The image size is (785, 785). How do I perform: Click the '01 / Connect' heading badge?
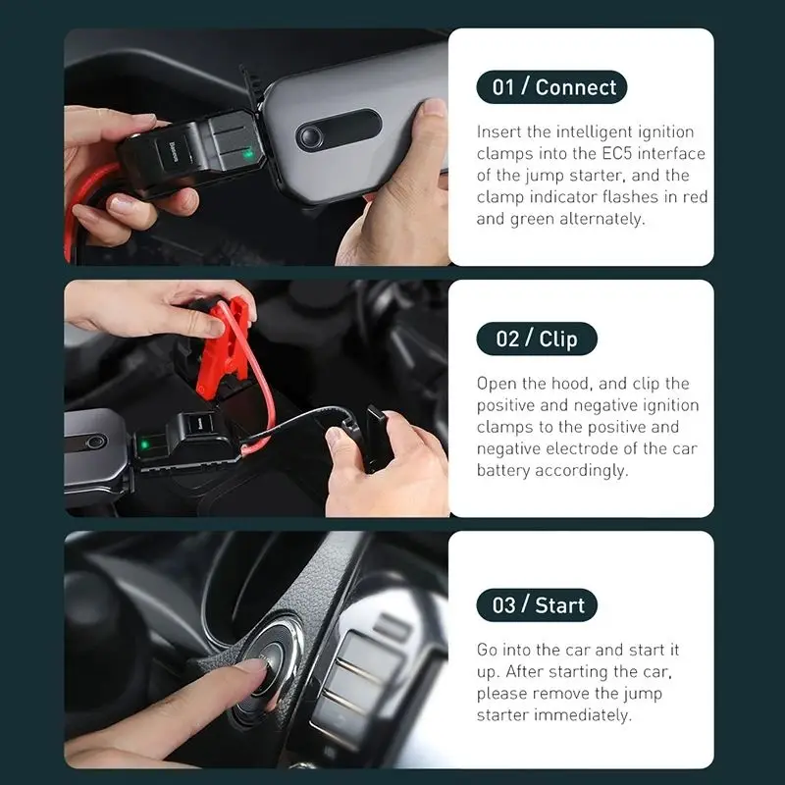click(x=551, y=86)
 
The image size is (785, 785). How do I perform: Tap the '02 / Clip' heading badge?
click(x=536, y=339)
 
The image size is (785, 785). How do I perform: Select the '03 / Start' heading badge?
click(x=537, y=604)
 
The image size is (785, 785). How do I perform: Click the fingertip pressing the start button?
click(x=256, y=670)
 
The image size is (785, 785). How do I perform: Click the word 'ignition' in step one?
click(x=667, y=132)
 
